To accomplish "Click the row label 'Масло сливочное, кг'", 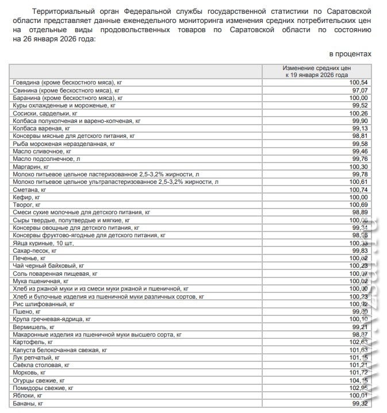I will [42, 152].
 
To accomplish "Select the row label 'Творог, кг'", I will [27, 204].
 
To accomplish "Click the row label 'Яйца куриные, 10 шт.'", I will [44, 243].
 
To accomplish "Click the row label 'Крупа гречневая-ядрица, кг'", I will [52, 319].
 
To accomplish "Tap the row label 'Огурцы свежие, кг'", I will [39, 380].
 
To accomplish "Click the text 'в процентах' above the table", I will [350, 53].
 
